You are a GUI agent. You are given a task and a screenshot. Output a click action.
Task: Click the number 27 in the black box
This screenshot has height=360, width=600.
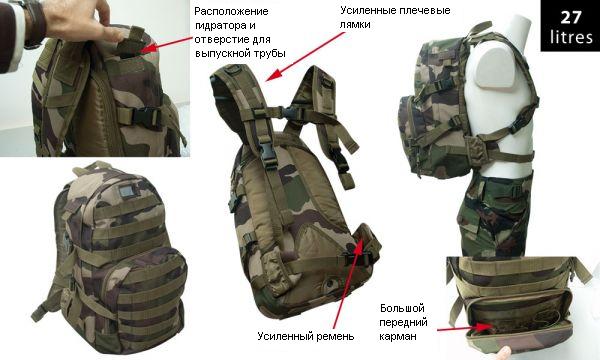point(571,17)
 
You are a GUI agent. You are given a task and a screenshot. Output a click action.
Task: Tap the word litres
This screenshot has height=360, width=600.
point(571,37)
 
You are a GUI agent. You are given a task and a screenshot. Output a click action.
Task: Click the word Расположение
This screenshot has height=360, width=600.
point(231,11)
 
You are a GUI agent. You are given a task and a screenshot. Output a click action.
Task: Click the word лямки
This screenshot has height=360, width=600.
point(355,24)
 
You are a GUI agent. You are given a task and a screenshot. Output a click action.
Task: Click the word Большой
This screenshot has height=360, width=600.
point(402,308)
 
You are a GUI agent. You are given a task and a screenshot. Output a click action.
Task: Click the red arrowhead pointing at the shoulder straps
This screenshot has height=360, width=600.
point(270,77)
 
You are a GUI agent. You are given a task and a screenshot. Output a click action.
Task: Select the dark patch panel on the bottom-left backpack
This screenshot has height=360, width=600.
point(125,192)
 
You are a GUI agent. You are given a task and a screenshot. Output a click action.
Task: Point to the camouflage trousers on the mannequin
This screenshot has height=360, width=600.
point(494,214)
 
